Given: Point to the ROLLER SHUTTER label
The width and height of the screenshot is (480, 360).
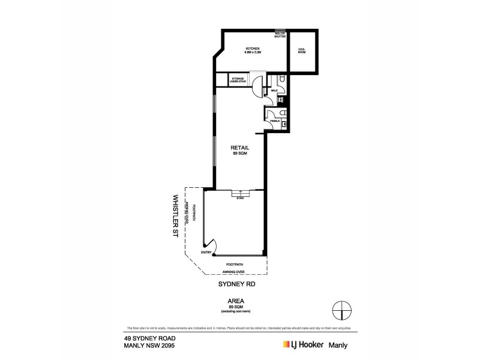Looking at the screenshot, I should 280,35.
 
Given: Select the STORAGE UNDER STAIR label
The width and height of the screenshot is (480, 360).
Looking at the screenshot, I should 238,80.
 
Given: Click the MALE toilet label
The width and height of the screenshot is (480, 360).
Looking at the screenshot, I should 274,91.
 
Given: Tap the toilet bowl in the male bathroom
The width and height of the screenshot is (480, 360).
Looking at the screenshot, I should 283,80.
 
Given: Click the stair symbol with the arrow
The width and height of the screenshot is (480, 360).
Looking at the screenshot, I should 240,193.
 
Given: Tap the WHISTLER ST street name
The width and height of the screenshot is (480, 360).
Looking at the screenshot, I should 176,217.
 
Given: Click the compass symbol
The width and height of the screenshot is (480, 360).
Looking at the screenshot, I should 341,310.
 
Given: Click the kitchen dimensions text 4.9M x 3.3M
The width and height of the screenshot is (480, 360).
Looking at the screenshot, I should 252,53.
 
